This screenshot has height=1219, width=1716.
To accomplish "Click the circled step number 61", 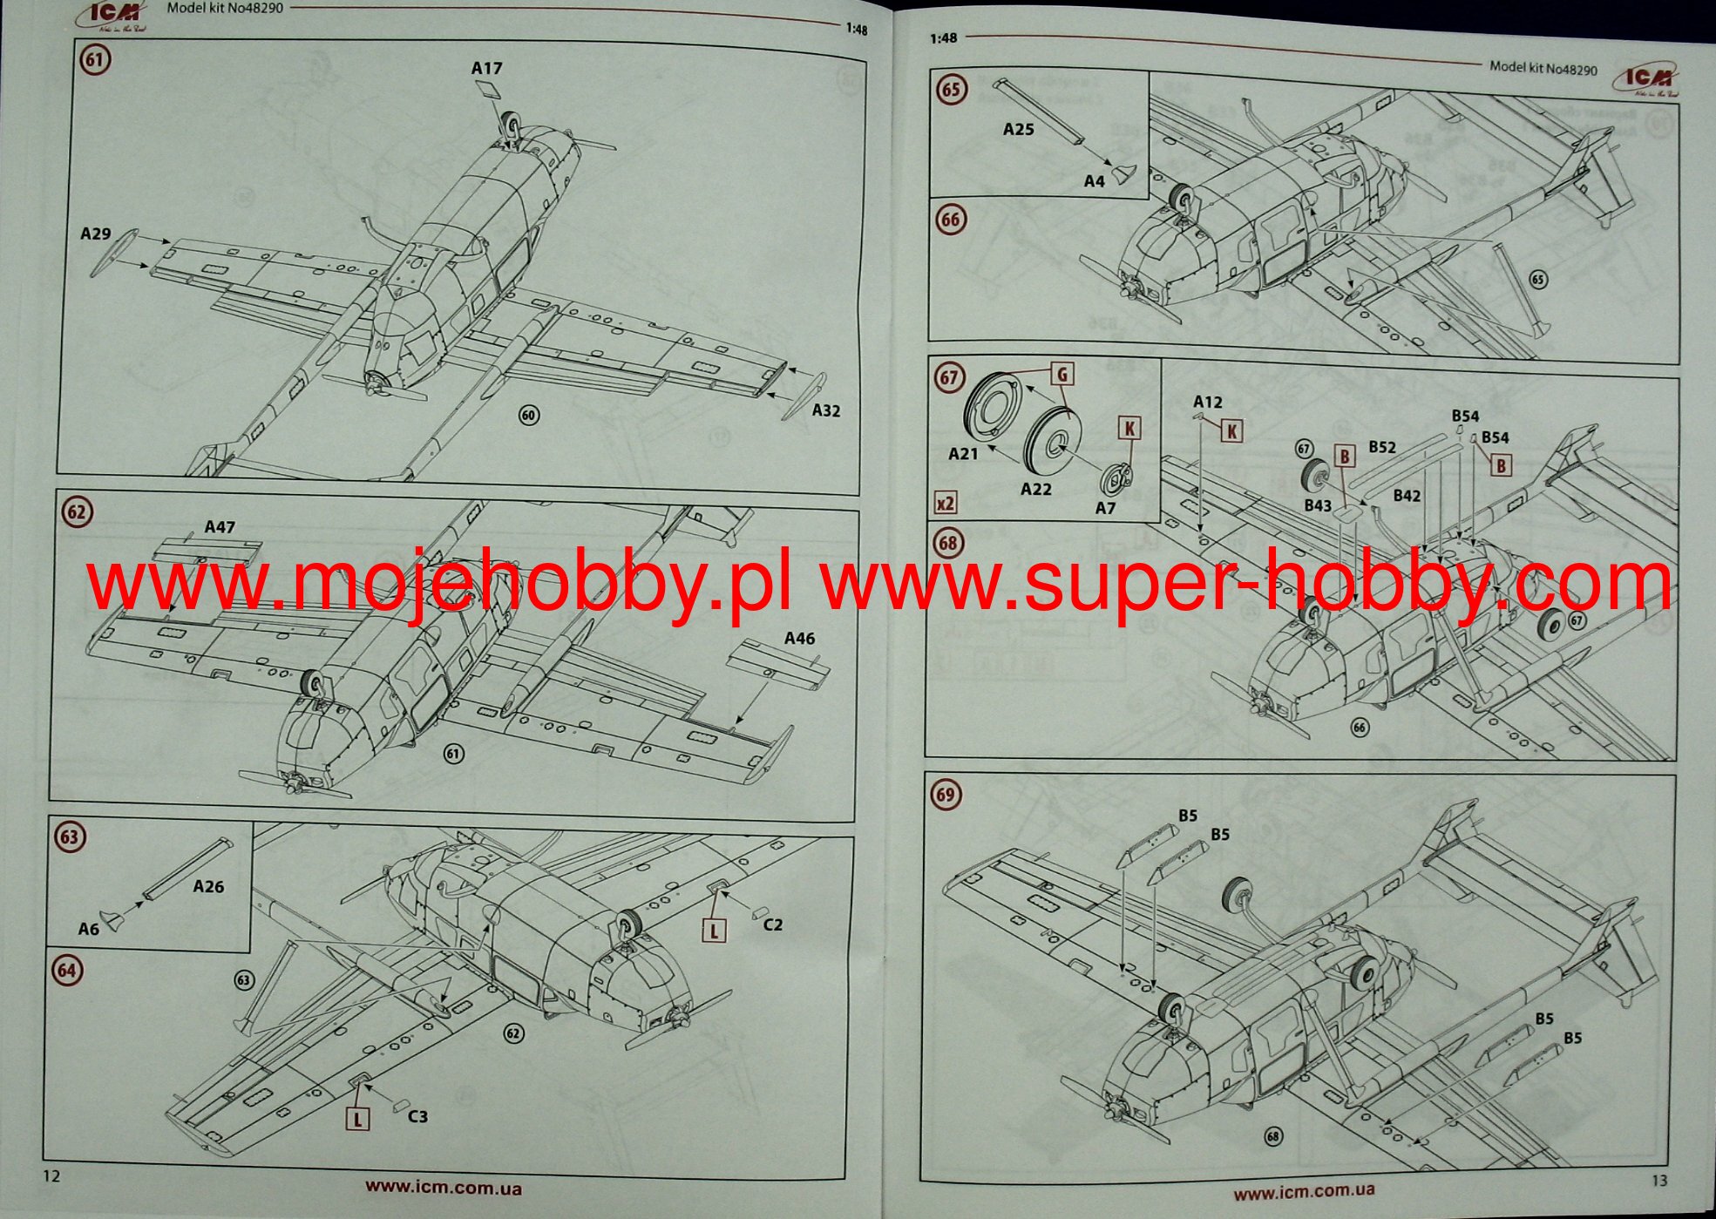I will (x=94, y=60).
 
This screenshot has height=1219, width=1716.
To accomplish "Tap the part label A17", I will (x=486, y=68).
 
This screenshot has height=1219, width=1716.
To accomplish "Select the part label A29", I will (x=95, y=234).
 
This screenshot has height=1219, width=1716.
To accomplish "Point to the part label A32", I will (x=826, y=410).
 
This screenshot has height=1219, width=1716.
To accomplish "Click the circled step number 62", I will (x=77, y=511).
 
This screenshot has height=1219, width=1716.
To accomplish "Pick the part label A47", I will (x=220, y=527).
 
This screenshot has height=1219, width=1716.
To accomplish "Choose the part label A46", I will (x=799, y=639).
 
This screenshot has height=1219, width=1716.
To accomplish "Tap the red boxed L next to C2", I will (x=714, y=930).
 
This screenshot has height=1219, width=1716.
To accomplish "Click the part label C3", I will (x=417, y=1116).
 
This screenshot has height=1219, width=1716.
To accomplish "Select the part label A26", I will (x=208, y=886).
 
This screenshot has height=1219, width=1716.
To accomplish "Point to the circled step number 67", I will (x=949, y=377).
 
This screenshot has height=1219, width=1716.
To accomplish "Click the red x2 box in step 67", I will (x=946, y=503).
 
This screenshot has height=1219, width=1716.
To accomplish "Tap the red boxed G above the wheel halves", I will (x=1062, y=375).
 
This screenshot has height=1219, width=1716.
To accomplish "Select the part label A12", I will (x=1207, y=402).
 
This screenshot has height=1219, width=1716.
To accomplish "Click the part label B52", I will (x=1382, y=447).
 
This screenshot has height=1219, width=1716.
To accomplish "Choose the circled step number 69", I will (x=946, y=795).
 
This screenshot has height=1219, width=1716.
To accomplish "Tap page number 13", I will (x=1659, y=1180).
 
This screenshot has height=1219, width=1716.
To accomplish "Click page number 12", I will (x=51, y=1176).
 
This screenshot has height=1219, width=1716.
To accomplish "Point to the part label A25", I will (x=1018, y=130).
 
